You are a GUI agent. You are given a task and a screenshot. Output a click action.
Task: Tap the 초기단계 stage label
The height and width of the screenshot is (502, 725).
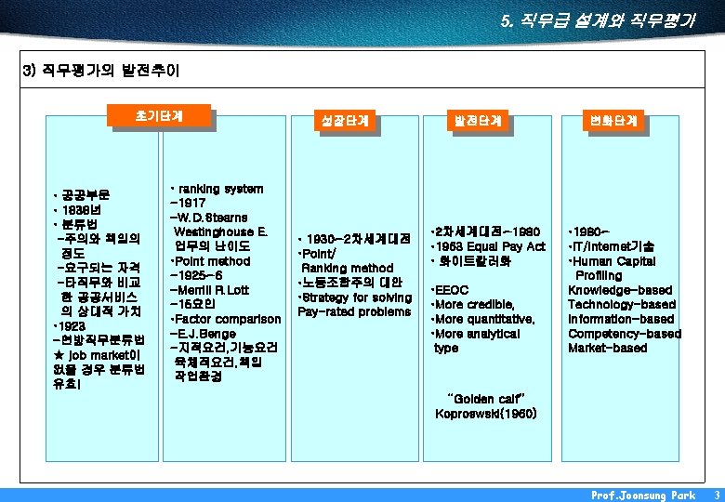coord(159,116)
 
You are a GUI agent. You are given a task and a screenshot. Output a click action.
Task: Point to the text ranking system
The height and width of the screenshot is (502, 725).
coord(221,189)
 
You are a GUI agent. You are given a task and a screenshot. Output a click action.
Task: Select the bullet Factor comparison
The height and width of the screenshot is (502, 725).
coord(226,320)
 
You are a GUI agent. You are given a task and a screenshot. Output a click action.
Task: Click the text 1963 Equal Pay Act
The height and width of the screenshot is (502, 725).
coord(490,246)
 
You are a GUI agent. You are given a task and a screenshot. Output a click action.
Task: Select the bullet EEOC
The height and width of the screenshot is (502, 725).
coord(450,290)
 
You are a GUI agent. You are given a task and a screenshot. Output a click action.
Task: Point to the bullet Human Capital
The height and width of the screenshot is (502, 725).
coord(613,261)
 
